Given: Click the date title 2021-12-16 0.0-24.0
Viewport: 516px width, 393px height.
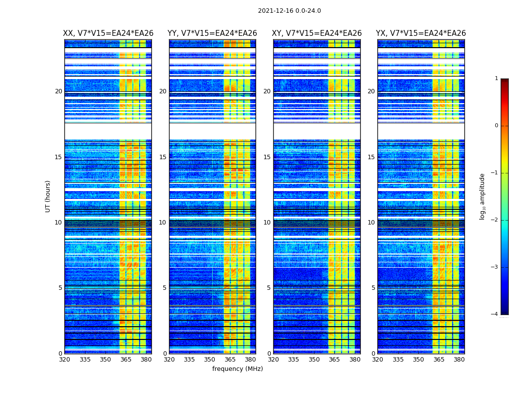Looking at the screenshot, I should click(289, 11).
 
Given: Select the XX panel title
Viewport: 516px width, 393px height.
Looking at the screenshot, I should click(108, 33).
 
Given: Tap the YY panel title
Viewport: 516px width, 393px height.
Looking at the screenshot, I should click(212, 33).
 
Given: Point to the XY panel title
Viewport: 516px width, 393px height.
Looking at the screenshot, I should click(317, 33).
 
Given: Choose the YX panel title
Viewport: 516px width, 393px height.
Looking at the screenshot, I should click(421, 33).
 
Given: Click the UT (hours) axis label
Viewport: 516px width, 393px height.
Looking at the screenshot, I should click(48, 196).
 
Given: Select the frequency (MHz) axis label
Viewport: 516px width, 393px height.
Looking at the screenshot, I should click(237, 369).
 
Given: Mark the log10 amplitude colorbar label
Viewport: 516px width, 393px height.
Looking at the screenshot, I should click(483, 196).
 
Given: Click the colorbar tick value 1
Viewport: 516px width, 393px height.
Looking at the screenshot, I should click(496, 79).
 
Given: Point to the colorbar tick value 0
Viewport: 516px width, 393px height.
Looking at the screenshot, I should click(496, 126).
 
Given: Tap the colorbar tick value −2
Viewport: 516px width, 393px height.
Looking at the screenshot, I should click(495, 220).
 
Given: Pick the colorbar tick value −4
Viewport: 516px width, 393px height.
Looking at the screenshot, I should click(495, 314).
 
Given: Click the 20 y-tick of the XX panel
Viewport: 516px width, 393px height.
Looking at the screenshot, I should click(58, 91).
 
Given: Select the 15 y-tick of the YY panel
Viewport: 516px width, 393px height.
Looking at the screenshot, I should click(163, 157).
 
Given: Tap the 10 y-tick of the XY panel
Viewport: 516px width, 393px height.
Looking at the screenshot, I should click(267, 223).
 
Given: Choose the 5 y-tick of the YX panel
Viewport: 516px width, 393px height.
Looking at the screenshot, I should click(373, 288).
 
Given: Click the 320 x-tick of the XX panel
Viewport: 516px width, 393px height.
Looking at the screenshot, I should click(64, 360).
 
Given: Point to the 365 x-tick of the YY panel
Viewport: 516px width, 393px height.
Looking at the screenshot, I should click(230, 360).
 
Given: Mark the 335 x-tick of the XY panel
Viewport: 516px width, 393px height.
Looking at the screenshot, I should click(294, 360).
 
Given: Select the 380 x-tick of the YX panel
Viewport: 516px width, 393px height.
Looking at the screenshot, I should click(459, 360).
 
